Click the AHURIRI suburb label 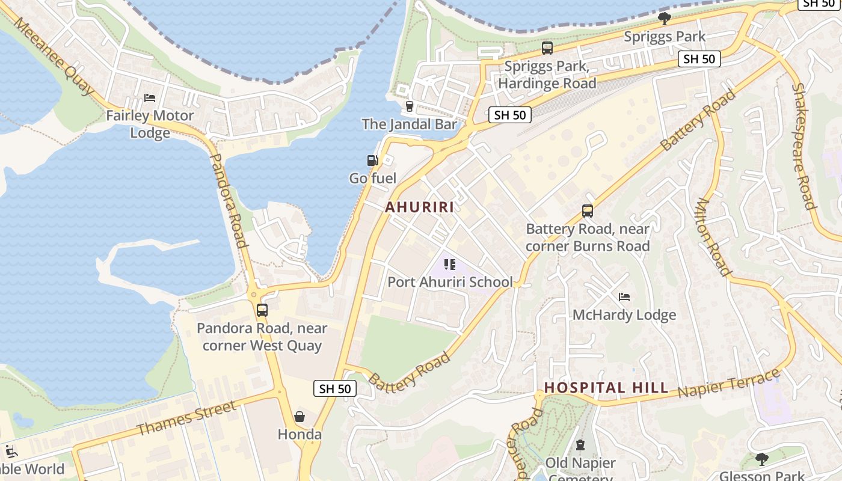pyautogui.click(x=419, y=207)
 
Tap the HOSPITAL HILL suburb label pyautogui.click(x=606, y=388)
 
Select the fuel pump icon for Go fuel pyautogui.click(x=373, y=161)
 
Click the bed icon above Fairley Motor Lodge pyautogui.click(x=150, y=98)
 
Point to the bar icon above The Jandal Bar pyautogui.click(x=410, y=106)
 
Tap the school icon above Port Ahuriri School pyautogui.click(x=450, y=265)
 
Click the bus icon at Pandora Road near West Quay pyautogui.click(x=262, y=310)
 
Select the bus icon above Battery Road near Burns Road pyautogui.click(x=588, y=211)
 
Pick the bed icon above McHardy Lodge pyautogui.click(x=624, y=297)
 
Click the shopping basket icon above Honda pyautogui.click(x=300, y=417)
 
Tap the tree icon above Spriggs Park pyautogui.click(x=665, y=19)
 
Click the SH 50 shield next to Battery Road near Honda pyautogui.click(x=335, y=388)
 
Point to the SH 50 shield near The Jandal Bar pyautogui.click(x=510, y=115)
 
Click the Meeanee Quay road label pyautogui.click(x=54, y=56)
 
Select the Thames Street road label pyautogui.click(x=186, y=418)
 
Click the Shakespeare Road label pyautogui.click(x=804, y=146)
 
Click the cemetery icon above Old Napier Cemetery pyautogui.click(x=580, y=446)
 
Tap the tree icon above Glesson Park pyautogui.click(x=762, y=459)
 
